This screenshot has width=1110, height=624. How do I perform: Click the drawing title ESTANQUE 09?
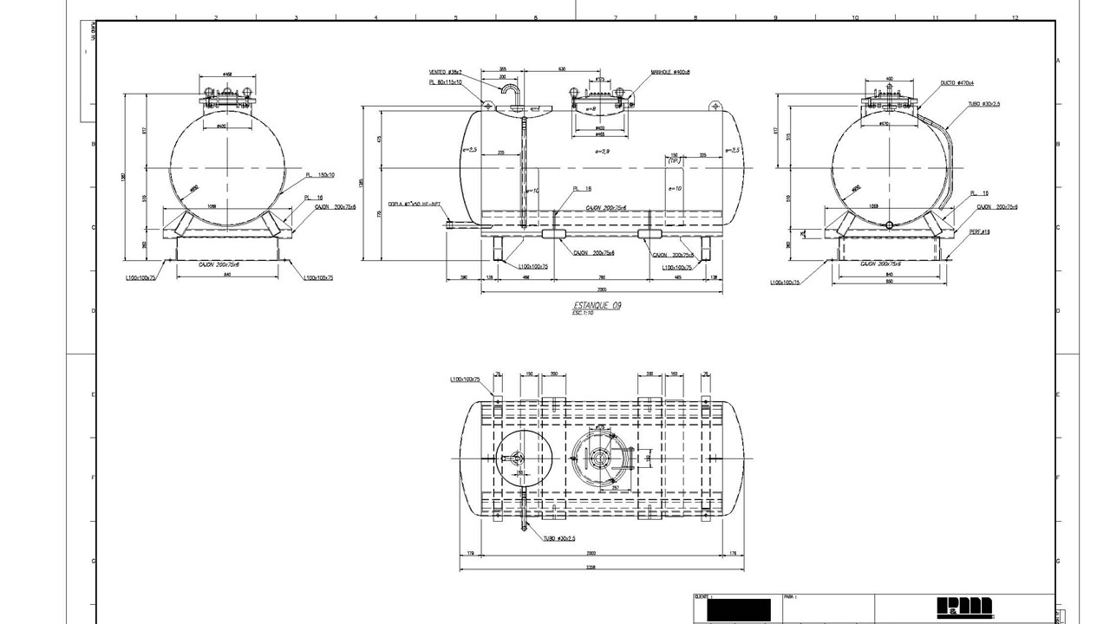point(597,305)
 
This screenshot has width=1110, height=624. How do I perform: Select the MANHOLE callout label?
point(670,73)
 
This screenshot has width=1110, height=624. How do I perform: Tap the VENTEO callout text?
point(445,72)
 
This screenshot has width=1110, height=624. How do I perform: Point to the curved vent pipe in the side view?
point(509,88)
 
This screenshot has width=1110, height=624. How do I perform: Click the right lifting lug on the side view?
point(715,106)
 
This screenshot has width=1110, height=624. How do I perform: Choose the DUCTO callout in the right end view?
point(957,83)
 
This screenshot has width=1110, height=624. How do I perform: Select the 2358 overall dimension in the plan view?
point(602,567)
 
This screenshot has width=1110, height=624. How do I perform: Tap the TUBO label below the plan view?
point(560,538)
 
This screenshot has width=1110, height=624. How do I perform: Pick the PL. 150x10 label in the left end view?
point(320,175)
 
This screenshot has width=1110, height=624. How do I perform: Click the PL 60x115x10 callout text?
point(445,81)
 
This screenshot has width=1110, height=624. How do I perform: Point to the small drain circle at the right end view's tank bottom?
point(889,224)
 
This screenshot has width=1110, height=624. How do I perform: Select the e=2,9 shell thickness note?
point(602,151)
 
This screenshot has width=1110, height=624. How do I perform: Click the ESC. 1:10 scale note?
point(583,313)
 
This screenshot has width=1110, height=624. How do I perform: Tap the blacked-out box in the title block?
point(738,610)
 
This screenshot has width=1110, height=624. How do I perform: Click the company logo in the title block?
point(963,608)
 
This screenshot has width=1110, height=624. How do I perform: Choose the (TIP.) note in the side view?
point(674,161)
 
